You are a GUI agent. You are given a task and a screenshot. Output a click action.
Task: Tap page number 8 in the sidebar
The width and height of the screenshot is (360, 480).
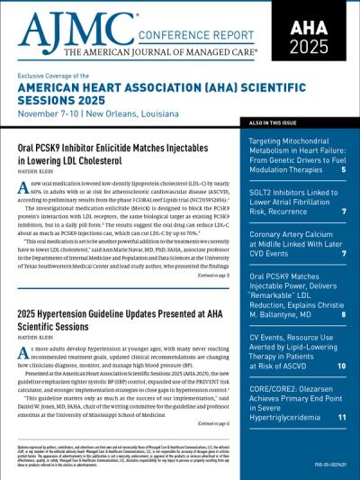click(343, 314)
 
